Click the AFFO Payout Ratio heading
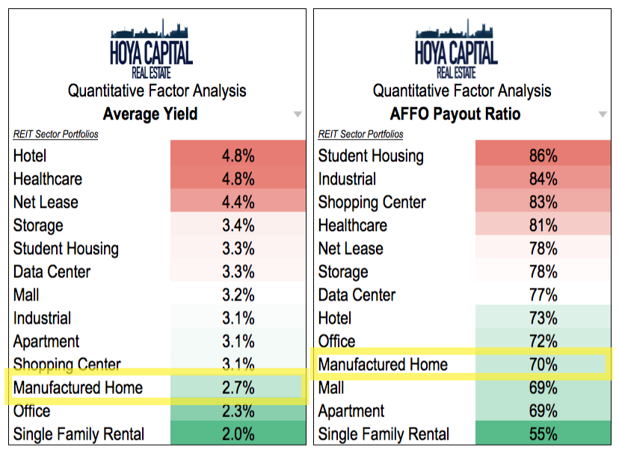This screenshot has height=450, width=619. (455, 114)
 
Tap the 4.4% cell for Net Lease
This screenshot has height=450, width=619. (238, 202)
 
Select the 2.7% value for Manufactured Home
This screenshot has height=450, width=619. (238, 387)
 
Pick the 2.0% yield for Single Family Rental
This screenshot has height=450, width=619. (238, 434)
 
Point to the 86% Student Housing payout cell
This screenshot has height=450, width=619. (543, 155)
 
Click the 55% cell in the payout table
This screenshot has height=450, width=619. (543, 434)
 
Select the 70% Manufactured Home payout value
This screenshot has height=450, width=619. (543, 365)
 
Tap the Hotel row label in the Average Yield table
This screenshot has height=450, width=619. (30, 155)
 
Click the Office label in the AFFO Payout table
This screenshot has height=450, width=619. (337, 342)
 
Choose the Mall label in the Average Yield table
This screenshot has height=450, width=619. (27, 295)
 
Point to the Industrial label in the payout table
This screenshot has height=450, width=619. (347, 179)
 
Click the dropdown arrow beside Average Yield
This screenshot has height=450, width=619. (298, 114)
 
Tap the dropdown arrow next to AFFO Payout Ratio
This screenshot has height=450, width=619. (603, 114)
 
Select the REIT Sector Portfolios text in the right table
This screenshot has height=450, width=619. (360, 135)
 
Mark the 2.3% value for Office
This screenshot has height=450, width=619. (238, 410)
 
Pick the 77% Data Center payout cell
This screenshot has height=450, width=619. (543, 295)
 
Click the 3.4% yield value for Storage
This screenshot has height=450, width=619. (238, 225)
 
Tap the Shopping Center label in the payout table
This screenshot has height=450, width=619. (372, 202)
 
